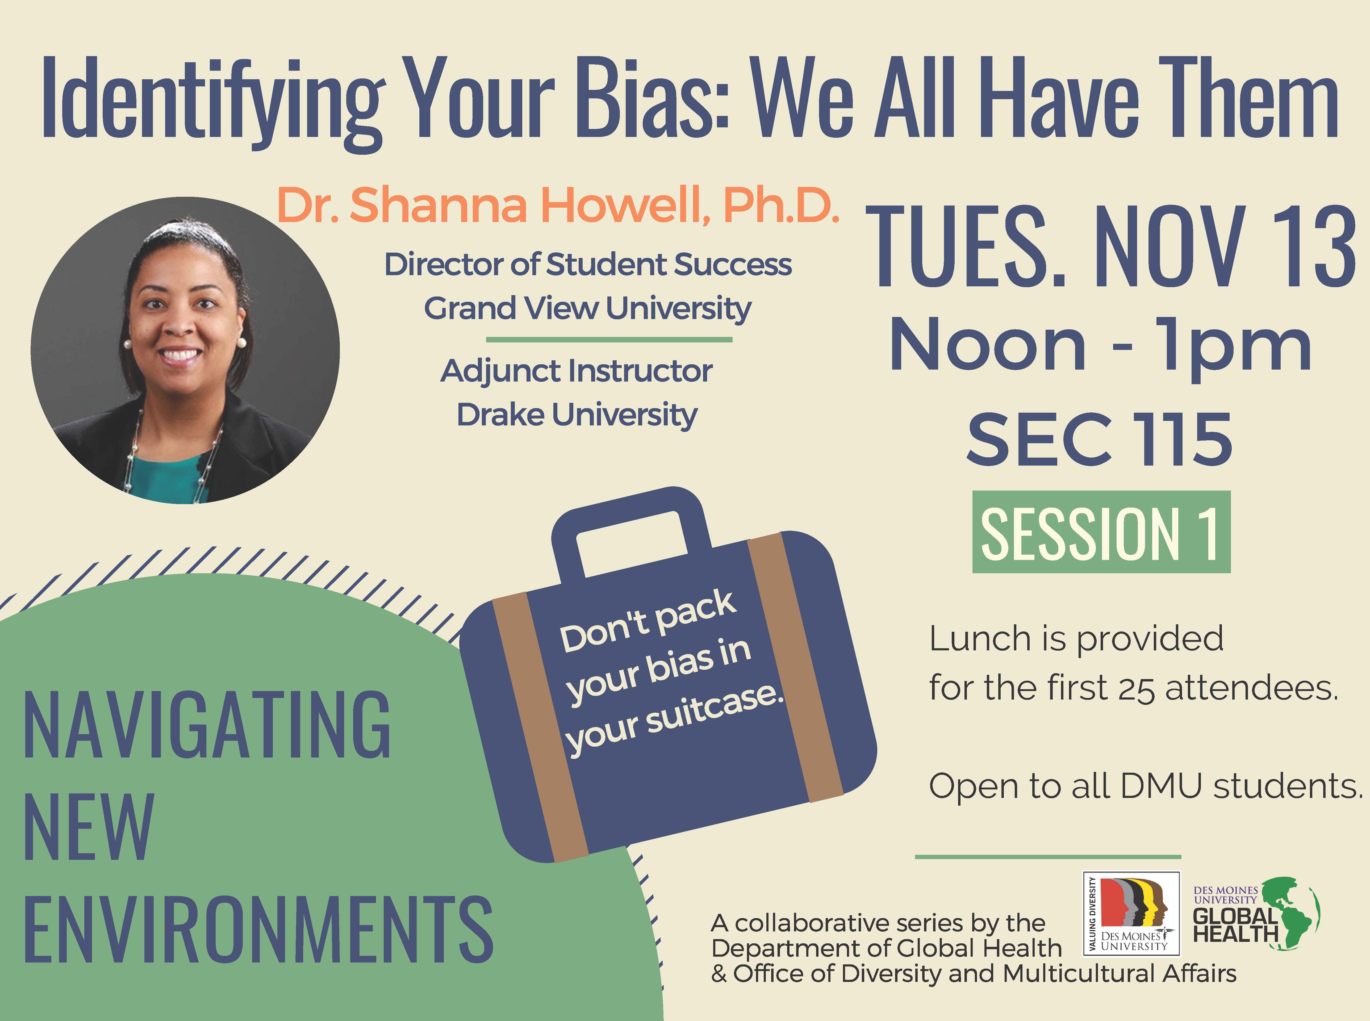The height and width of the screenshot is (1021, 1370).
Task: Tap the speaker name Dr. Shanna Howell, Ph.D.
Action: click(x=558, y=205)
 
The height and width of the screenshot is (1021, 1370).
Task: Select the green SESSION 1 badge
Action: click(x=1101, y=532)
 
